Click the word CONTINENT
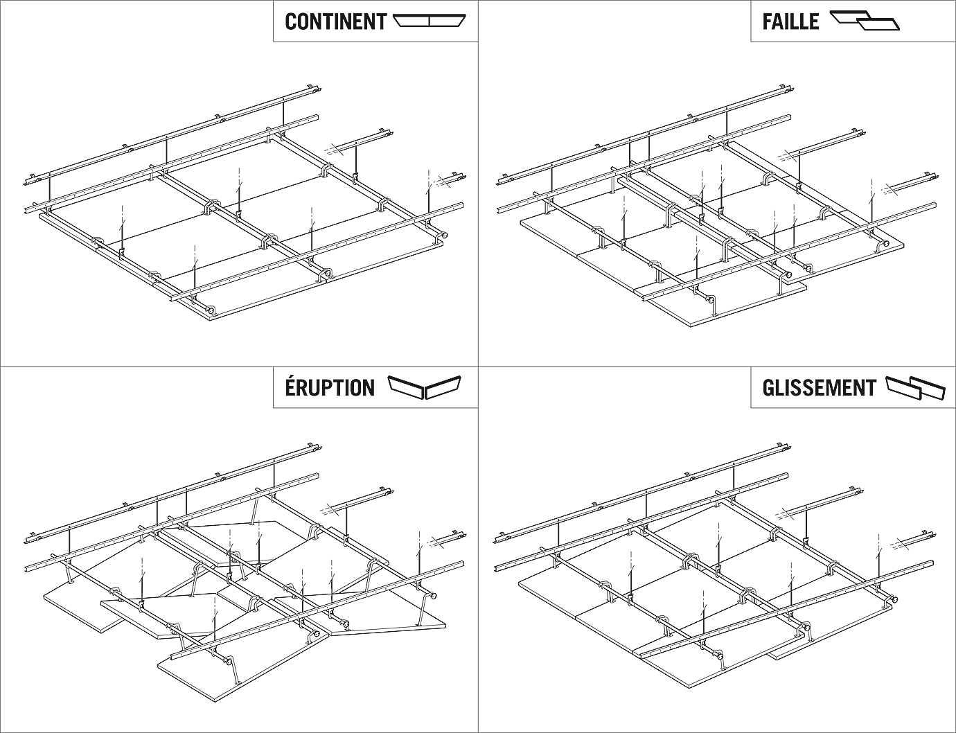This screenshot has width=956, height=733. (335, 21)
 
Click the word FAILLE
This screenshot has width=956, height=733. (790, 21)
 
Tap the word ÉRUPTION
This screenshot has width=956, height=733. (330, 387)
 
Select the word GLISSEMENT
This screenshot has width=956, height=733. (819, 387)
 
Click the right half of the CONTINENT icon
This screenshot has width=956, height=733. (447, 21)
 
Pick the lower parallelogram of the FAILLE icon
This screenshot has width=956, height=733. (878, 26)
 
